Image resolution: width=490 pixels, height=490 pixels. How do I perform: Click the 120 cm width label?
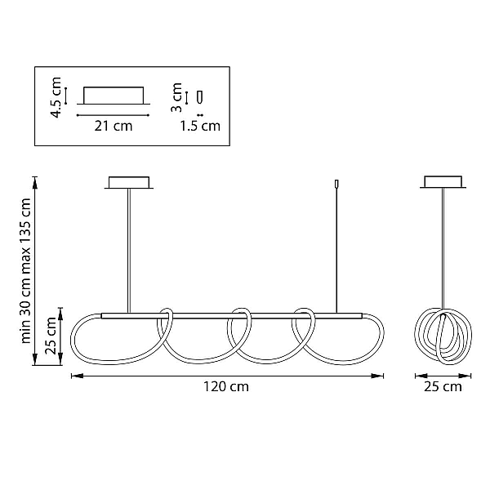click(226, 387)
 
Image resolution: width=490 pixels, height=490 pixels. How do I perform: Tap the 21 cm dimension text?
click(114, 127)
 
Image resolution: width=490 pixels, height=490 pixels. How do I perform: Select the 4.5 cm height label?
click(56, 97)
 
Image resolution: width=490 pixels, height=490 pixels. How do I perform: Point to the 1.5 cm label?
click(200, 126)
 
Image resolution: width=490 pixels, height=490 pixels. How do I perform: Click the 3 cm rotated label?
click(177, 97)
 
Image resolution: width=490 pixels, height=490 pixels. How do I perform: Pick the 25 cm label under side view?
click(443, 387)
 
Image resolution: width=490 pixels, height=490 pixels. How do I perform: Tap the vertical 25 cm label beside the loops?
click(51, 336)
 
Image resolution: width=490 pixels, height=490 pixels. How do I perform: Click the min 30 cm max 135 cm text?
click(25, 270)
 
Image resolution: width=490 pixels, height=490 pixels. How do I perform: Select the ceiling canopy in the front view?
click(129, 183)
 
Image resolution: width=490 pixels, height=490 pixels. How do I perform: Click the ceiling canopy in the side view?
click(443, 182)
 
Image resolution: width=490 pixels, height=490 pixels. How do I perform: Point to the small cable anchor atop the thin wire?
click(336, 184)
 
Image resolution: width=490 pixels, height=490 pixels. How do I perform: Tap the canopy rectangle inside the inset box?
click(114, 96)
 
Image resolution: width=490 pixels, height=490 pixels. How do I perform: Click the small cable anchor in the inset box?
click(200, 97)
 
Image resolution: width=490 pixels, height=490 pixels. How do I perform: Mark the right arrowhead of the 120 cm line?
click(379, 376)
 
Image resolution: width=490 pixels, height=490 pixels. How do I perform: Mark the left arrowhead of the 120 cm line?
click(76, 376)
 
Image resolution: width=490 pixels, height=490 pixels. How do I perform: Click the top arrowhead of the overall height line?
click(35, 182)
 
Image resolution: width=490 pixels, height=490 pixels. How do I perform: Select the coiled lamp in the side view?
click(443, 336)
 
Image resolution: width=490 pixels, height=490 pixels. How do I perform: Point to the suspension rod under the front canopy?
click(128, 251)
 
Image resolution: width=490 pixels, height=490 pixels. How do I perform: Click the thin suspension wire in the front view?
click(336, 250)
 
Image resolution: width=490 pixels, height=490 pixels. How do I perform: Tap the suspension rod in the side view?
click(443, 249)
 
